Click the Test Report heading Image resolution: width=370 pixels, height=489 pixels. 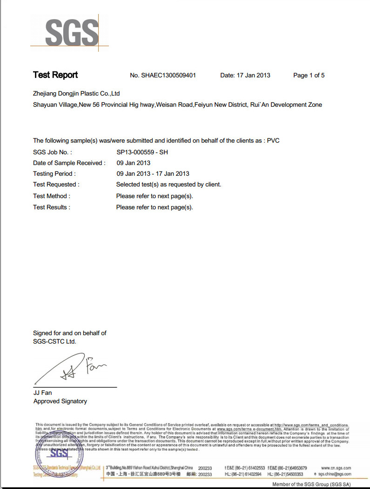(55, 75)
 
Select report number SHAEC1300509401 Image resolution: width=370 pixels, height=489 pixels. (169, 76)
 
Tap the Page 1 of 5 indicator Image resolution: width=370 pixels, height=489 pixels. (309, 76)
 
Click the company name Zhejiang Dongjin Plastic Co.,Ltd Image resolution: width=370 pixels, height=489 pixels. (76, 94)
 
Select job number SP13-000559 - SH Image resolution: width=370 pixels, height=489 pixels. (142, 152)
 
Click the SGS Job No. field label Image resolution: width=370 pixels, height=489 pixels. (53, 152)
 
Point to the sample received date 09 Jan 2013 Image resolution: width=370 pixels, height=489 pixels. (133, 163)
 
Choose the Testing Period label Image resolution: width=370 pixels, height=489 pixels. (53, 174)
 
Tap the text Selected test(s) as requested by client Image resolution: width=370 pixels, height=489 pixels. (168, 185)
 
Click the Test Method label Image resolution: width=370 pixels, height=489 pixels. (52, 196)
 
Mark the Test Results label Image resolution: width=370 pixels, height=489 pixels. (52, 207)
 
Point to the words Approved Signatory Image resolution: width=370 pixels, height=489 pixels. (60, 401)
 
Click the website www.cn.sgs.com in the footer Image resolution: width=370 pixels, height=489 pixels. (336, 468)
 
